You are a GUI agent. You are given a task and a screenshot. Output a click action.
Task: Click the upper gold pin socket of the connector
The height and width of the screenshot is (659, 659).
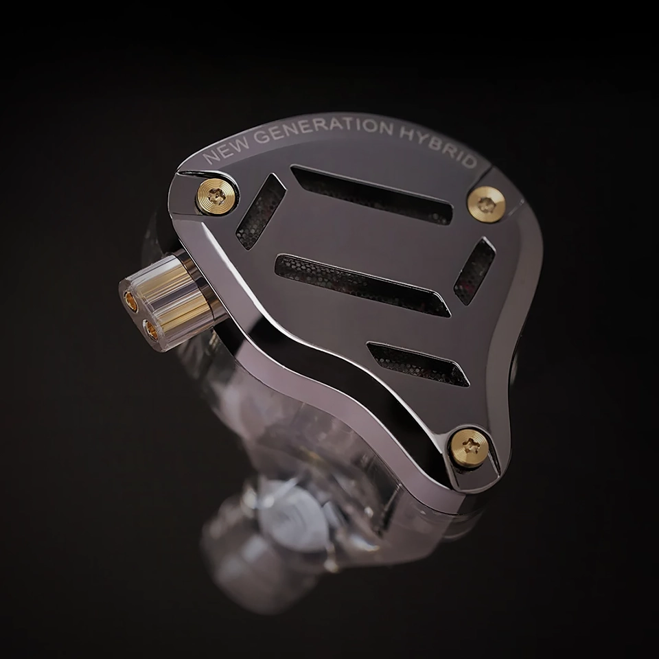(132, 302)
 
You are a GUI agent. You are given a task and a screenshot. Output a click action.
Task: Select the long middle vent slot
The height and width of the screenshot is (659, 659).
(362, 286)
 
